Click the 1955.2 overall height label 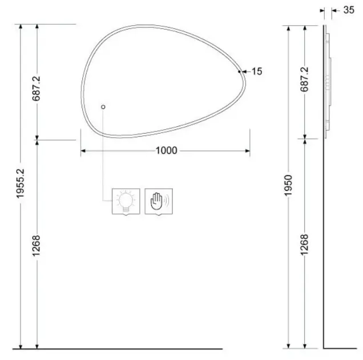pyautogui.click(x=20, y=183)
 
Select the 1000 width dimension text pyautogui.click(x=167, y=150)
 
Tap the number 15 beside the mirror pyautogui.click(x=257, y=71)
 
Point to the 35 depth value pyautogui.click(x=349, y=10)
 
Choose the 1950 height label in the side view pyautogui.click(x=288, y=185)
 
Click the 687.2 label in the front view pyautogui.click(x=37, y=89)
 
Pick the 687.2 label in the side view pyautogui.click(x=304, y=79)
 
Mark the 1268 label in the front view pyautogui.click(x=37, y=246)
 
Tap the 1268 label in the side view pyautogui.click(x=304, y=245)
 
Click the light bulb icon pyautogui.click(x=126, y=201)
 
